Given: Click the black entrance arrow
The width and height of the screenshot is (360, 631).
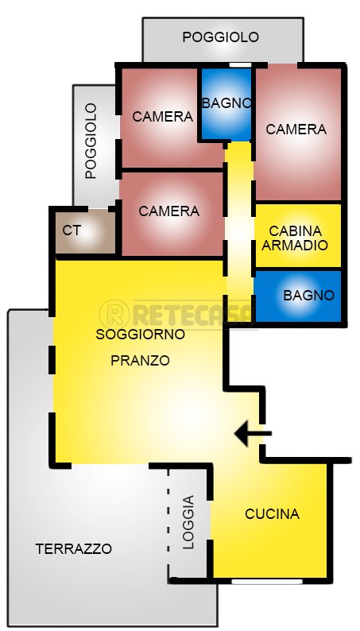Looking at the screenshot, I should coord(254,433).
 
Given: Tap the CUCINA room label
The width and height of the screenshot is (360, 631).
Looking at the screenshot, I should coord(272,514).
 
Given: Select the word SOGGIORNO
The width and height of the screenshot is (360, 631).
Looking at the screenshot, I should coord(140,335).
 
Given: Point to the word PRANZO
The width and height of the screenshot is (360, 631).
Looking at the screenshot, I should coord(140,360).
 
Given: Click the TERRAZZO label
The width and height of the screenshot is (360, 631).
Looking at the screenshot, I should coord(74,548).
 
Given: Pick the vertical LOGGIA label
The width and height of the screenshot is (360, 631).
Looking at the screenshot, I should coord(188,523).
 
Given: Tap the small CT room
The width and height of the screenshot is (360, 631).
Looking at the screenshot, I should coord(72,230).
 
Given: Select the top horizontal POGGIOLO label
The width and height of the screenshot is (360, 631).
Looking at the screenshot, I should coord(220,37).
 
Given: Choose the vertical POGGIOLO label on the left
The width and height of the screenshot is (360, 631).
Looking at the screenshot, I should coord(91,141).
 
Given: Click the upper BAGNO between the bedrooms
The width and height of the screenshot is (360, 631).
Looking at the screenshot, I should coord(226,103).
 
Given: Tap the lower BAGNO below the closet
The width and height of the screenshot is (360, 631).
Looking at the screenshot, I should coord(308,295).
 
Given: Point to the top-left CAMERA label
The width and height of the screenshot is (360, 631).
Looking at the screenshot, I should coord(163,117).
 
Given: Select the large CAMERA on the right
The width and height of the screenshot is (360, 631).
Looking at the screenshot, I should coord(296,129).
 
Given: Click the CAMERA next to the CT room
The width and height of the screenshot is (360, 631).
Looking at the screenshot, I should coord(168,211).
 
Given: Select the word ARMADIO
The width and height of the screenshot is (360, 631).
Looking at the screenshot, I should coord(294,246).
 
